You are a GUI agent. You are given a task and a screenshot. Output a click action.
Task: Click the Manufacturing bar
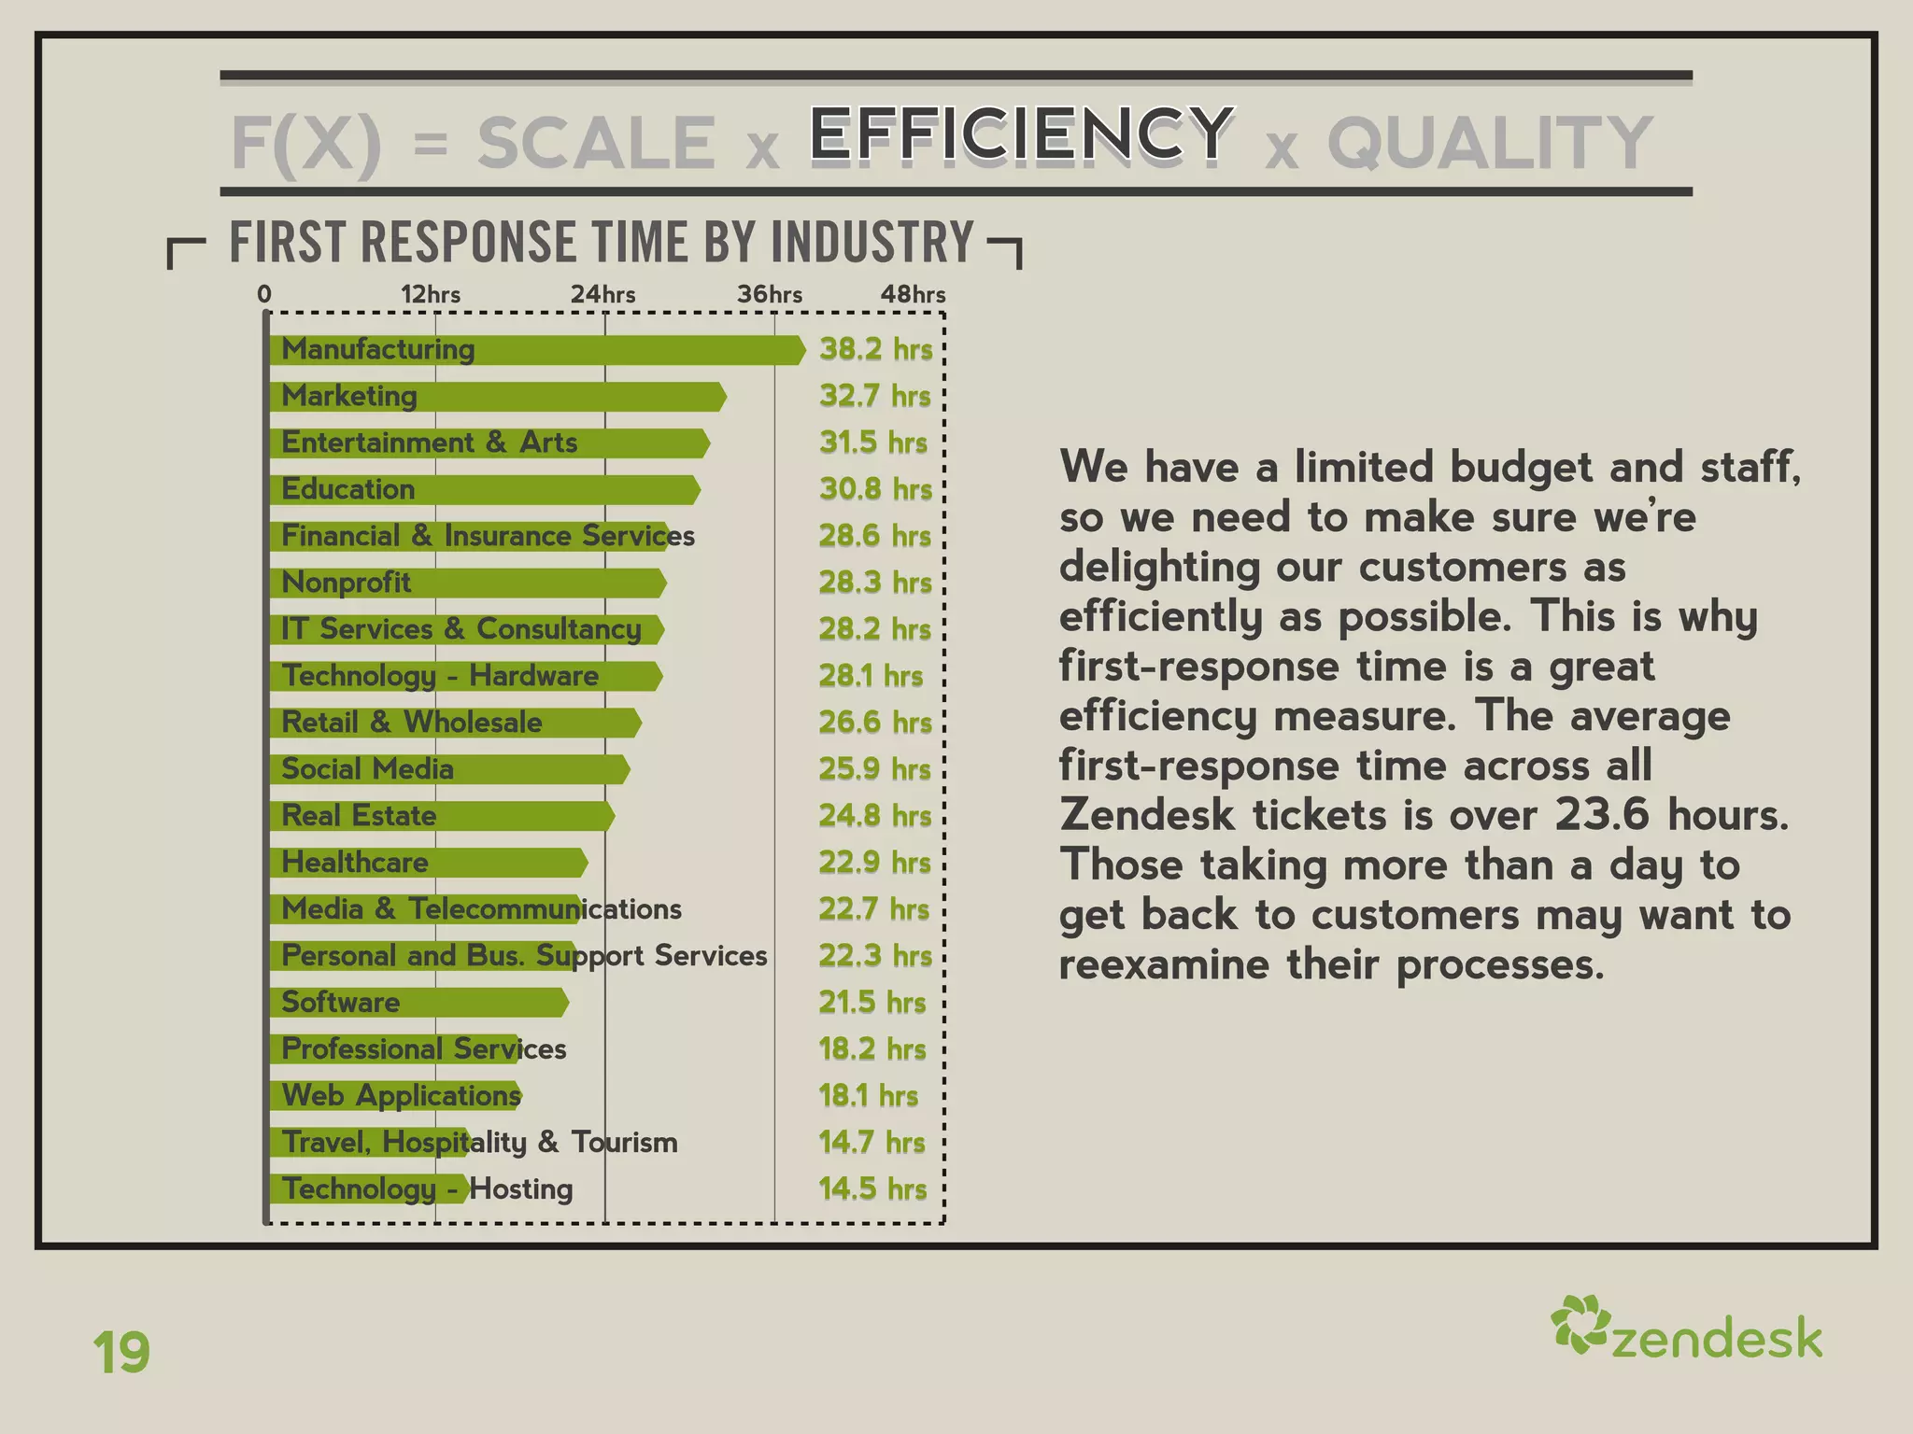click(537, 350)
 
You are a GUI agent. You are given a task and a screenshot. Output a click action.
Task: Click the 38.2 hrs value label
click(875, 349)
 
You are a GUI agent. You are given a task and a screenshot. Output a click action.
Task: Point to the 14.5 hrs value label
click(872, 1189)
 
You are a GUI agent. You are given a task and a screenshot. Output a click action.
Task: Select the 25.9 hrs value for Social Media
click(874, 769)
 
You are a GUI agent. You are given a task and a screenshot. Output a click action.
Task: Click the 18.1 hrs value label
click(868, 1096)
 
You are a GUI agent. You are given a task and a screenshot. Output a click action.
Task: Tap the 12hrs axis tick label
click(431, 295)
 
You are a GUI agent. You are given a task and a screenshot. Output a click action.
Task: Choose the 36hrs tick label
click(770, 295)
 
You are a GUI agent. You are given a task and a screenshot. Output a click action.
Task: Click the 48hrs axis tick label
click(913, 295)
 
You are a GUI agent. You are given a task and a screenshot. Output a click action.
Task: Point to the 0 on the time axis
click(264, 295)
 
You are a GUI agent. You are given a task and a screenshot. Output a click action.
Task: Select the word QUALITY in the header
click(1490, 143)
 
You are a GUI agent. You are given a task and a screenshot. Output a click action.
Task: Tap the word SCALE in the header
click(596, 143)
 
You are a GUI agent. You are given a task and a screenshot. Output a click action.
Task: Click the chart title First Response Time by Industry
click(602, 243)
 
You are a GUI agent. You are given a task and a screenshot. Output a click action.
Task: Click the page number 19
click(121, 1353)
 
